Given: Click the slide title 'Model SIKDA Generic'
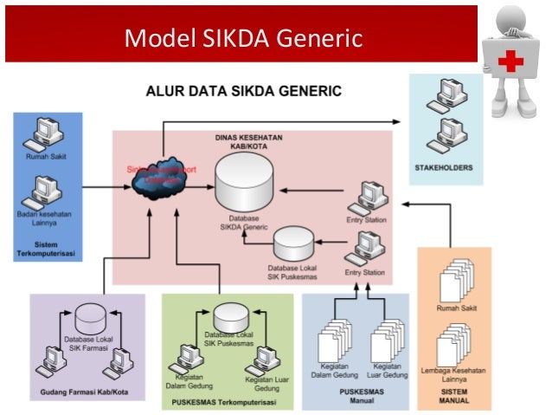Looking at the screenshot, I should click(241, 37).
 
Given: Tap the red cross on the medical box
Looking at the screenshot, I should click(511, 60).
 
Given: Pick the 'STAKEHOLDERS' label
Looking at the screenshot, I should click(444, 166).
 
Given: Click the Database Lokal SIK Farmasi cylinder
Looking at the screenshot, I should click(90, 318).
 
